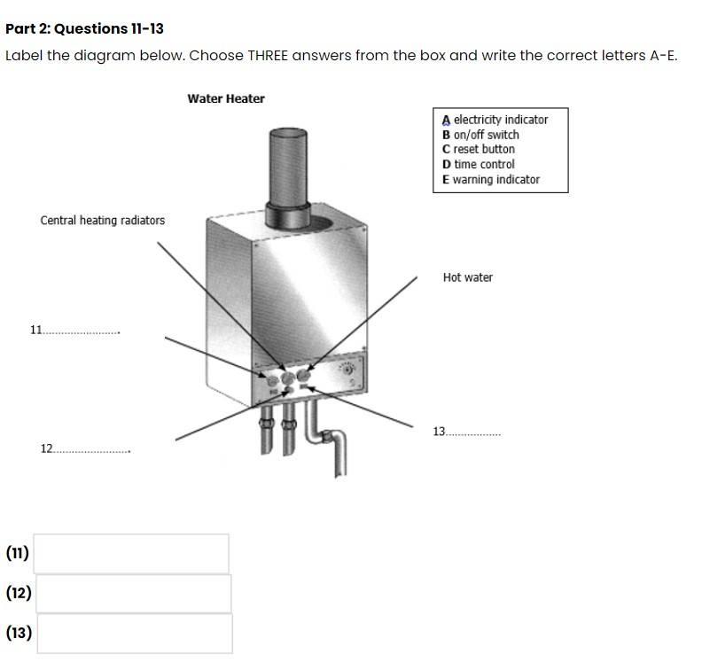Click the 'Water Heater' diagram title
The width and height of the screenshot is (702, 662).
pyautogui.click(x=225, y=98)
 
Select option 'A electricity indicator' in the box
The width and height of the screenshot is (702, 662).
pyautogui.click(x=495, y=120)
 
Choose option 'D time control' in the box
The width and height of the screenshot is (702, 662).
pyautogui.click(x=479, y=164)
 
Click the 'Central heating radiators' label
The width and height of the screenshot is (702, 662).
pyautogui.click(x=102, y=220)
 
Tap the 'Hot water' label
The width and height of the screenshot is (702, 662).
pyautogui.click(x=467, y=277)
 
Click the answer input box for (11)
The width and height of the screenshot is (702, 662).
pyautogui.click(x=131, y=553)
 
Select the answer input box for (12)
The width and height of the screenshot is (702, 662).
pyautogui.click(x=133, y=593)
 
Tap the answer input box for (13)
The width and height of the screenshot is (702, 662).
pyautogui.click(x=134, y=633)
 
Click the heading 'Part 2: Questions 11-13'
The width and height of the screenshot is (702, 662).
pyautogui.click(x=84, y=28)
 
